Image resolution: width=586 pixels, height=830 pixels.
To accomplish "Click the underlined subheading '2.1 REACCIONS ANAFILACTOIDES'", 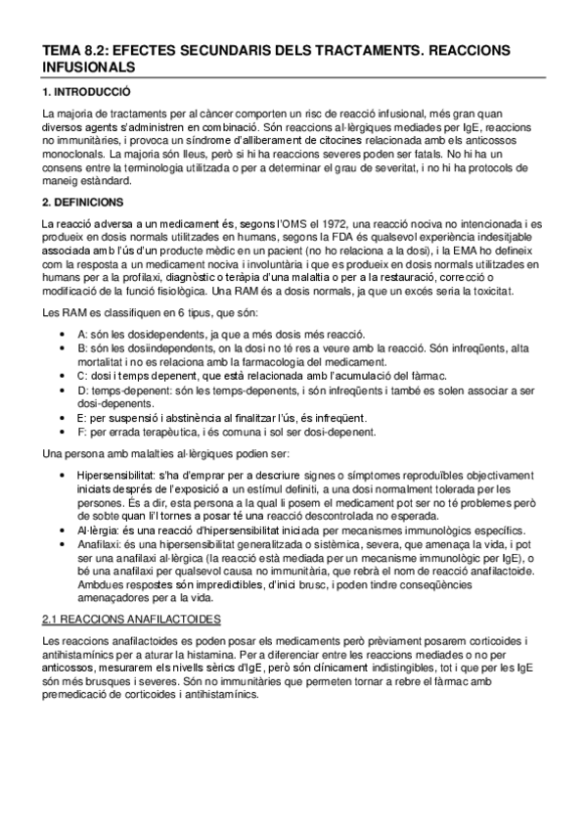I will (135, 619).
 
